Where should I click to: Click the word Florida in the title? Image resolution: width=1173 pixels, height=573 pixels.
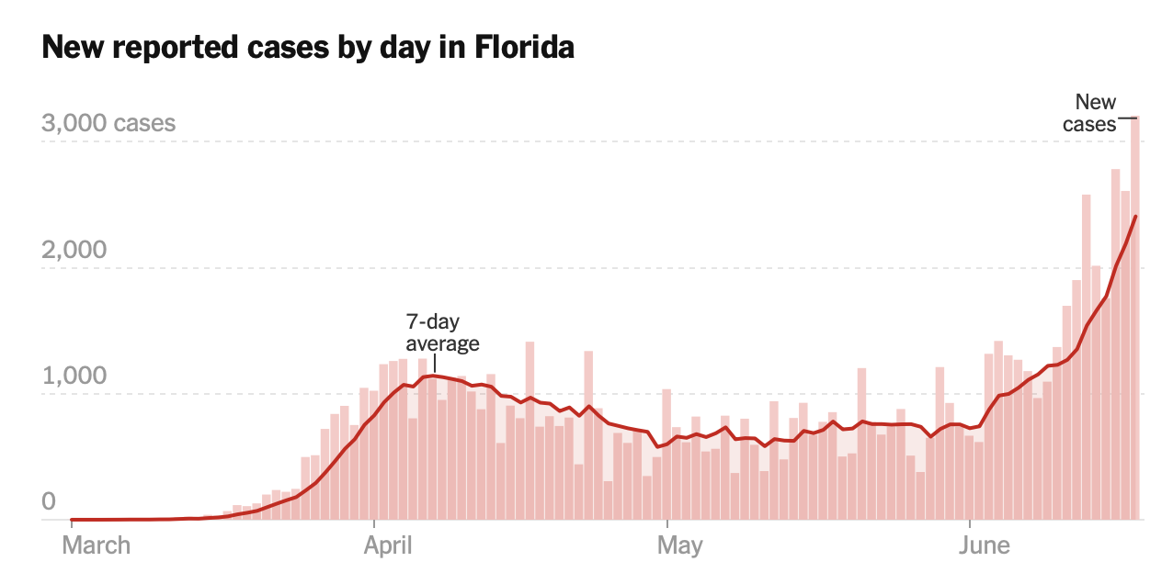click(x=524, y=48)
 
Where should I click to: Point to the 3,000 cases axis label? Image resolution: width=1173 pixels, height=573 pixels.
click(x=108, y=123)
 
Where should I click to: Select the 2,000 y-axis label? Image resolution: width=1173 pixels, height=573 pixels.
click(x=74, y=250)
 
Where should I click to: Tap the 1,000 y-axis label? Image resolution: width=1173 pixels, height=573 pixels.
click(x=74, y=376)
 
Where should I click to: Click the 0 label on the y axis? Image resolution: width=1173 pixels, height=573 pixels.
click(x=49, y=502)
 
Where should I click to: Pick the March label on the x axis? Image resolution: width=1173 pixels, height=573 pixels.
click(x=97, y=545)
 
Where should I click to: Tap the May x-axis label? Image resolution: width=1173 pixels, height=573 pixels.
click(x=680, y=545)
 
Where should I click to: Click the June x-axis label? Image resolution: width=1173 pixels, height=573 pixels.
click(x=985, y=545)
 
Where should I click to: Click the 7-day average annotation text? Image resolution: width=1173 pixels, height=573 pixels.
click(x=443, y=333)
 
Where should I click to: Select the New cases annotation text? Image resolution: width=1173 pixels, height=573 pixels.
click(x=1091, y=113)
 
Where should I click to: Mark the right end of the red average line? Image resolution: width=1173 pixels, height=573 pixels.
click(x=1136, y=217)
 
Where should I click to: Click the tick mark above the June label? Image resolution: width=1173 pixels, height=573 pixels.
click(x=971, y=525)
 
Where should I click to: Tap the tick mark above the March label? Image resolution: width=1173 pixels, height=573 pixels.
click(x=71, y=525)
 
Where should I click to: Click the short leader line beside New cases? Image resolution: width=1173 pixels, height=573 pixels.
click(x=1127, y=118)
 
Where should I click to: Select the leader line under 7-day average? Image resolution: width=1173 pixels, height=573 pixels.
click(x=435, y=364)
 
